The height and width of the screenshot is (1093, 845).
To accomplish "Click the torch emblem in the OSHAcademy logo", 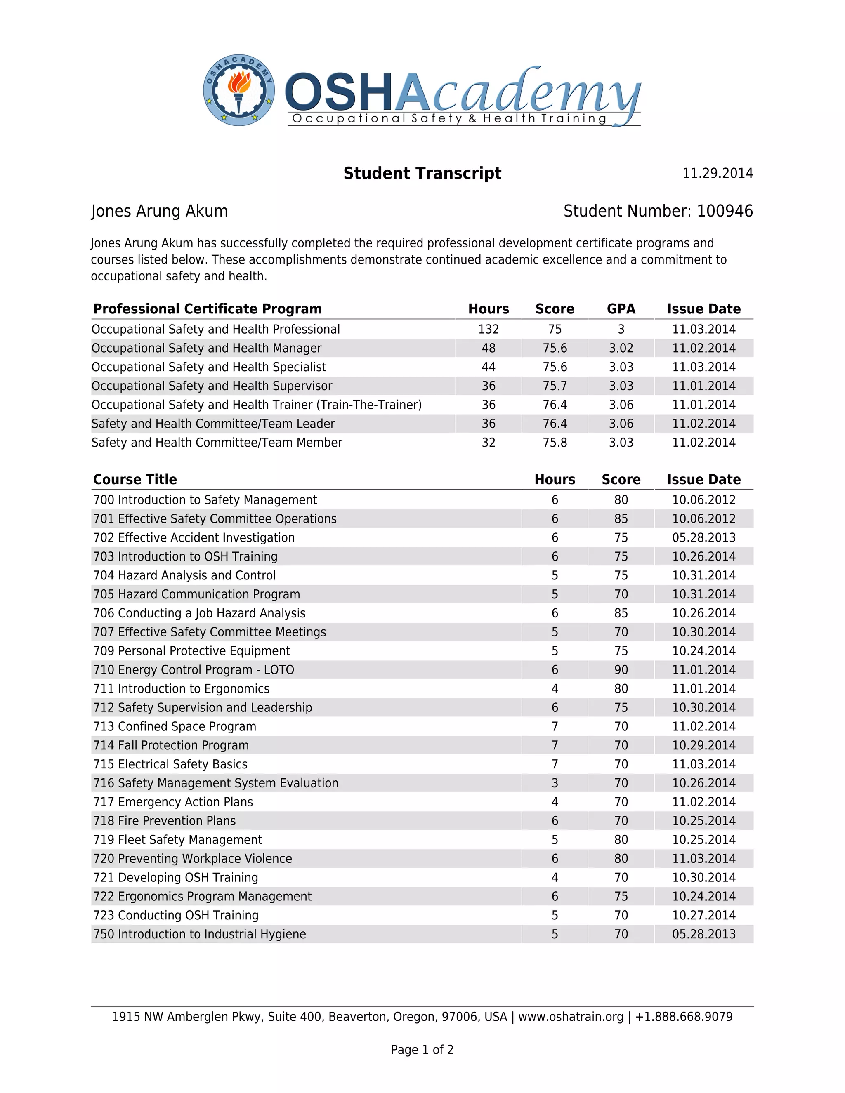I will (x=239, y=90).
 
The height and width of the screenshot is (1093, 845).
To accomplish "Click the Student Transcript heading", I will (x=422, y=173).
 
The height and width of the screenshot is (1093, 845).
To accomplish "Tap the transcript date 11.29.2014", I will (x=718, y=173).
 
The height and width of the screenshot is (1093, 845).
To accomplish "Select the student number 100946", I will (x=725, y=211).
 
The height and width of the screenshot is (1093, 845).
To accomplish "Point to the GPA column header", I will (x=621, y=309).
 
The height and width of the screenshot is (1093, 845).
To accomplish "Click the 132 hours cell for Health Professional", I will (x=488, y=329).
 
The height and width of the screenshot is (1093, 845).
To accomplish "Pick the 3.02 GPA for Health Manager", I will (x=621, y=349).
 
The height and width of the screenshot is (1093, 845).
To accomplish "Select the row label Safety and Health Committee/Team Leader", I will (x=213, y=424).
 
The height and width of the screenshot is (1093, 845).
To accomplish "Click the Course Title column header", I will (x=135, y=479).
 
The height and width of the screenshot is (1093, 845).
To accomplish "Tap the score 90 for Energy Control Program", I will (x=621, y=669).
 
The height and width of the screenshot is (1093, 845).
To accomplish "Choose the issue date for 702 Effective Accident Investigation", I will (x=703, y=537).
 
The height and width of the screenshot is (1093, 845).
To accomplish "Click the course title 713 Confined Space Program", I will (x=175, y=726).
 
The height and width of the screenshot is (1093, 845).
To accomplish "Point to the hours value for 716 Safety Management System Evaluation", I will (x=555, y=783).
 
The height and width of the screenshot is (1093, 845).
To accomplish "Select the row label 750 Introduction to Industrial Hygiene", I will (x=199, y=934).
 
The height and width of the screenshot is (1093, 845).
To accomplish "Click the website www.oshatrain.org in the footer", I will (x=571, y=1017).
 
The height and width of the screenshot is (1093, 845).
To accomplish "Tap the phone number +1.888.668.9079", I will (x=683, y=1017).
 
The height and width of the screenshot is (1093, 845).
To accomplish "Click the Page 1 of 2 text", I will (x=422, y=1049).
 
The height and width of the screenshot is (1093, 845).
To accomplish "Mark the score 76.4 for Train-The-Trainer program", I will (x=555, y=405).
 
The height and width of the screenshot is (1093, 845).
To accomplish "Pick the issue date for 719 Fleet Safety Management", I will (x=703, y=840).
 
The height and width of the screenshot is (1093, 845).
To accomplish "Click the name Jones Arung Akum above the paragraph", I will (x=159, y=211).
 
